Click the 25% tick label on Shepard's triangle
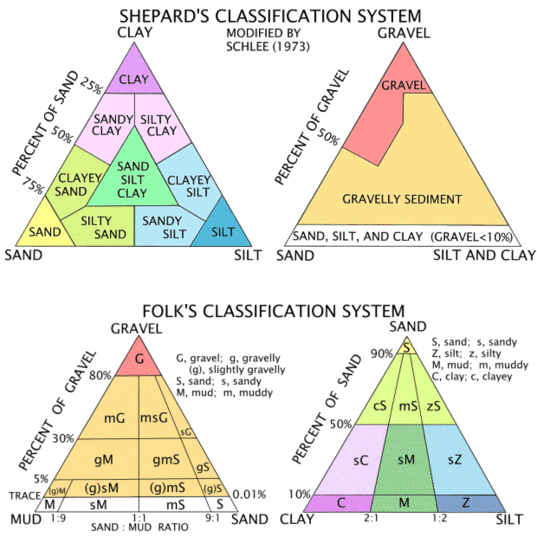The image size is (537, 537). [91, 86]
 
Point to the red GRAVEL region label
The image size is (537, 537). [403, 85]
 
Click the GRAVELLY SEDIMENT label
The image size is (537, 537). [402, 199]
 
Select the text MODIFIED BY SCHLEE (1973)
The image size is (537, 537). [268, 39]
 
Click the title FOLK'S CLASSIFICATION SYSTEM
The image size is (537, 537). [273, 311]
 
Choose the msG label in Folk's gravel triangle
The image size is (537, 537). [154, 418]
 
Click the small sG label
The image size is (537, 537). [186, 432]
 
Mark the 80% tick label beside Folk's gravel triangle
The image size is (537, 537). [100, 376]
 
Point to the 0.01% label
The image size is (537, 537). [249, 495]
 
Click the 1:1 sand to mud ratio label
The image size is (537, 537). [139, 519]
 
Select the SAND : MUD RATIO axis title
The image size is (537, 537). [140, 527]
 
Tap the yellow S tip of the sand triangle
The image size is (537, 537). [406, 347]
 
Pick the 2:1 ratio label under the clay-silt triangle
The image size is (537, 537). [371, 518]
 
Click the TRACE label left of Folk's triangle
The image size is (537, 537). [25, 496]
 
